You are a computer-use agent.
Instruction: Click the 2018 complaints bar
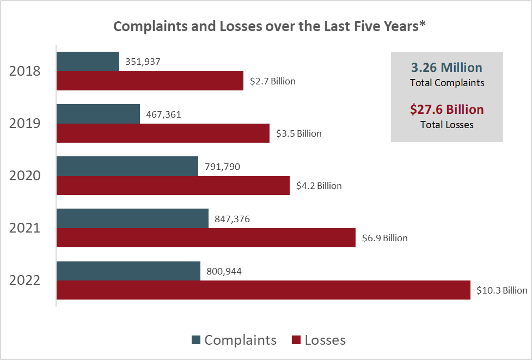(88, 62)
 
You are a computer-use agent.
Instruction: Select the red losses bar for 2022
(263, 290)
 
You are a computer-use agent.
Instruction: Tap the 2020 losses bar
(173, 186)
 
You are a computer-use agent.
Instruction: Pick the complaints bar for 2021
(132, 218)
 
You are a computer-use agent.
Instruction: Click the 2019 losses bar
(163, 133)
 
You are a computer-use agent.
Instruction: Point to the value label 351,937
(143, 62)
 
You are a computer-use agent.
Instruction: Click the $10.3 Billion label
(502, 290)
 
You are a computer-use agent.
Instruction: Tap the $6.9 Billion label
(384, 238)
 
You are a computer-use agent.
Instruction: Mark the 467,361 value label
(164, 114)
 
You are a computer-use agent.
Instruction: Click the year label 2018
(25, 71)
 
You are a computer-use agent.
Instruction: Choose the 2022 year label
(25, 280)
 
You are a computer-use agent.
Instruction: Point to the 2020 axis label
(25, 176)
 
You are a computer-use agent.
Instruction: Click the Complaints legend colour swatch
(196, 340)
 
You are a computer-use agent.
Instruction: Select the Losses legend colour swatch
(297, 340)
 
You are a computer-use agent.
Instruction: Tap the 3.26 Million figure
(447, 68)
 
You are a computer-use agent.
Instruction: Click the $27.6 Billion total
(447, 109)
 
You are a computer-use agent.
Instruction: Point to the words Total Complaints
(447, 83)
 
